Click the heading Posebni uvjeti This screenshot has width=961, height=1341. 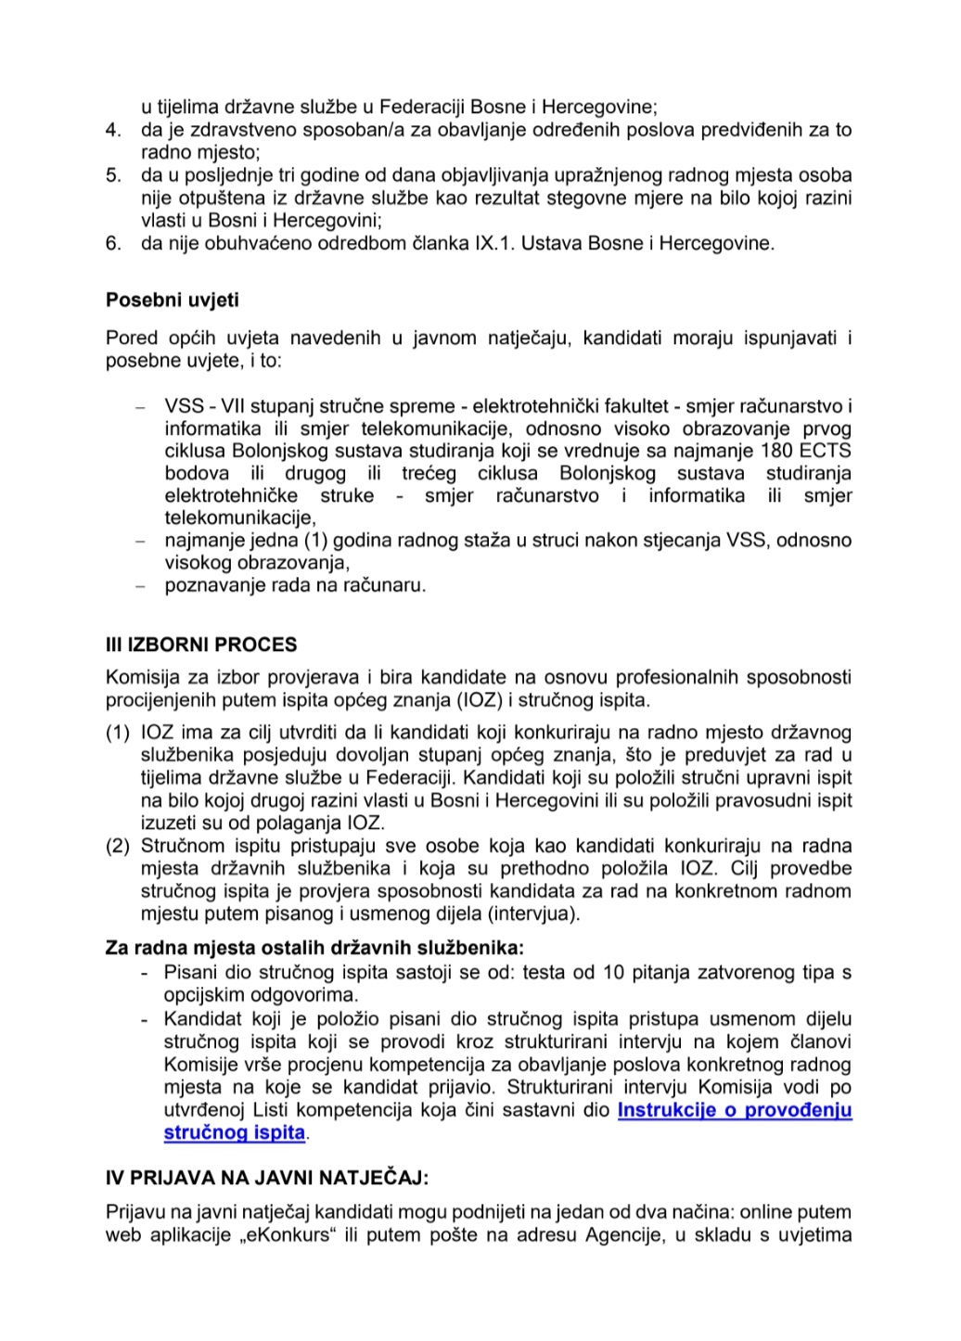(x=172, y=300)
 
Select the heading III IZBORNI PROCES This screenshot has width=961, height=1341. (x=201, y=645)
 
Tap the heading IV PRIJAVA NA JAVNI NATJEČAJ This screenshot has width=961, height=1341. (x=267, y=1178)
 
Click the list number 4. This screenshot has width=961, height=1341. (x=113, y=130)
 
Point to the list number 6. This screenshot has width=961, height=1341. (x=113, y=243)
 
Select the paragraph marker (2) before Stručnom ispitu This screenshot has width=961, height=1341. (x=118, y=846)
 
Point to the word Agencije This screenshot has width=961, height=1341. (x=621, y=1234)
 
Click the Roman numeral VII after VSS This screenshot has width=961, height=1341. (x=235, y=406)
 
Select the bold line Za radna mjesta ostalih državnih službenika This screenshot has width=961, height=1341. (x=314, y=948)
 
